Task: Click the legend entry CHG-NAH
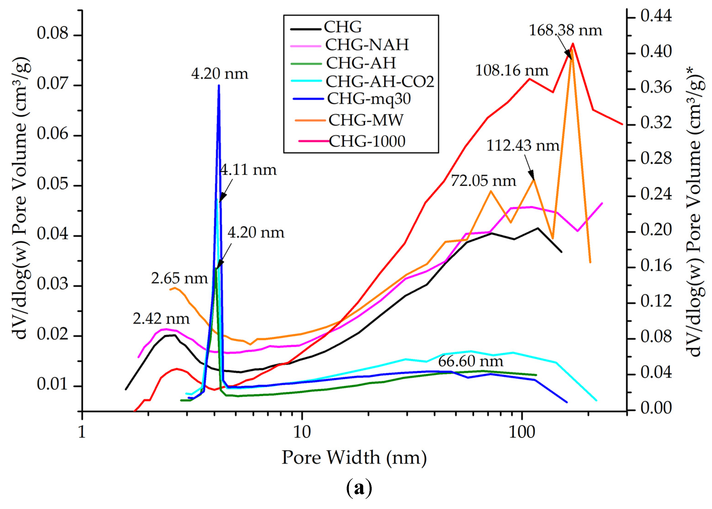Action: [367, 45]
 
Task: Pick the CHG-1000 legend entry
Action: [367, 141]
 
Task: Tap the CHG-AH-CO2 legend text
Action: [380, 81]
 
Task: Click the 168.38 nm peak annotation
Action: [565, 31]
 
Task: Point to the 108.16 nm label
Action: [512, 70]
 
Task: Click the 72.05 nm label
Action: [483, 181]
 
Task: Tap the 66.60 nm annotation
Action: [470, 361]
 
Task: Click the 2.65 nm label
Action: [179, 278]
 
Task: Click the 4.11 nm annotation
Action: [248, 170]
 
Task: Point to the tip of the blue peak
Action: [219, 85]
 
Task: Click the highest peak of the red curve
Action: [573, 44]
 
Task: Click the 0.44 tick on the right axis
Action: [656, 16]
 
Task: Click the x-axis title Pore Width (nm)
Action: [354, 458]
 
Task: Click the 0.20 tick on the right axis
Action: [656, 230]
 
